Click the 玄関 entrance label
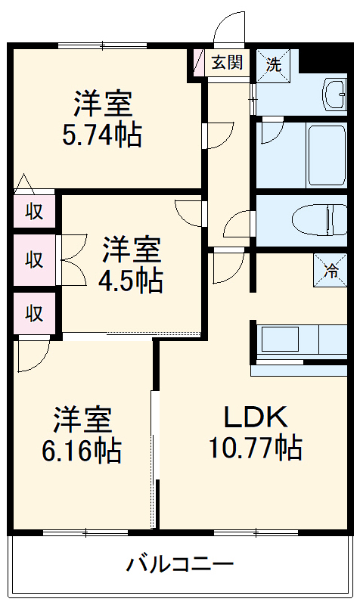[x=228, y=62]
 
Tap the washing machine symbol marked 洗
[x=273, y=65]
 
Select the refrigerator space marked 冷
[x=331, y=271]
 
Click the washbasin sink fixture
[x=334, y=95]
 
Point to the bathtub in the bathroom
[x=327, y=155]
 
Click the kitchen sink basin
[x=280, y=339]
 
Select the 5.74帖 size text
[x=102, y=135]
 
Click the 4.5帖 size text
[x=130, y=280]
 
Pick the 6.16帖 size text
[x=82, y=450]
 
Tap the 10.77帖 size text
[x=256, y=448]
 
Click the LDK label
[x=256, y=417]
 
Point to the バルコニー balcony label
[x=180, y=565]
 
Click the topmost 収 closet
[x=34, y=212]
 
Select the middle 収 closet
[x=34, y=259]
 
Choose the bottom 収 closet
[x=34, y=312]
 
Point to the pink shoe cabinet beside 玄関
[x=198, y=63]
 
